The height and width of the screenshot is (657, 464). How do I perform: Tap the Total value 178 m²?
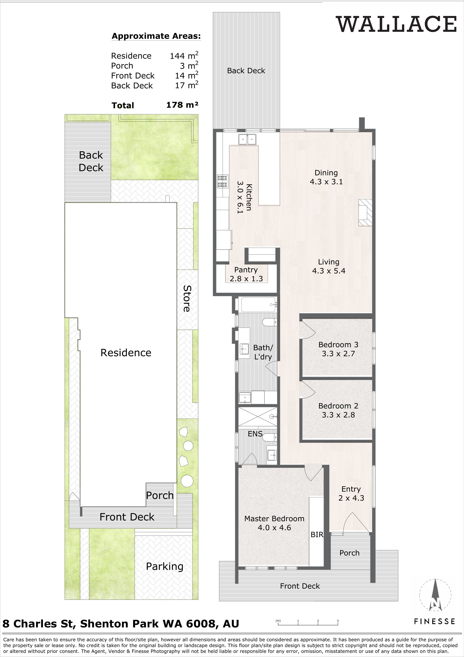coord(182,105)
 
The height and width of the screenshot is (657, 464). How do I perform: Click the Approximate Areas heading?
coord(156,36)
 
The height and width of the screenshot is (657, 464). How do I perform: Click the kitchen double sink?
coord(247,139)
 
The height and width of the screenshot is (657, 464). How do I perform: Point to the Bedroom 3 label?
coord(338,345)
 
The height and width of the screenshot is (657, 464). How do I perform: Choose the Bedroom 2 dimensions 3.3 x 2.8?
coord(338,415)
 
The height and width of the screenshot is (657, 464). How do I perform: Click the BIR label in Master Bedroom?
coord(317,534)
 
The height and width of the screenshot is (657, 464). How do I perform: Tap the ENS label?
coord(255,434)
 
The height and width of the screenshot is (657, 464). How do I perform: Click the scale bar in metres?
coord(308,630)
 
